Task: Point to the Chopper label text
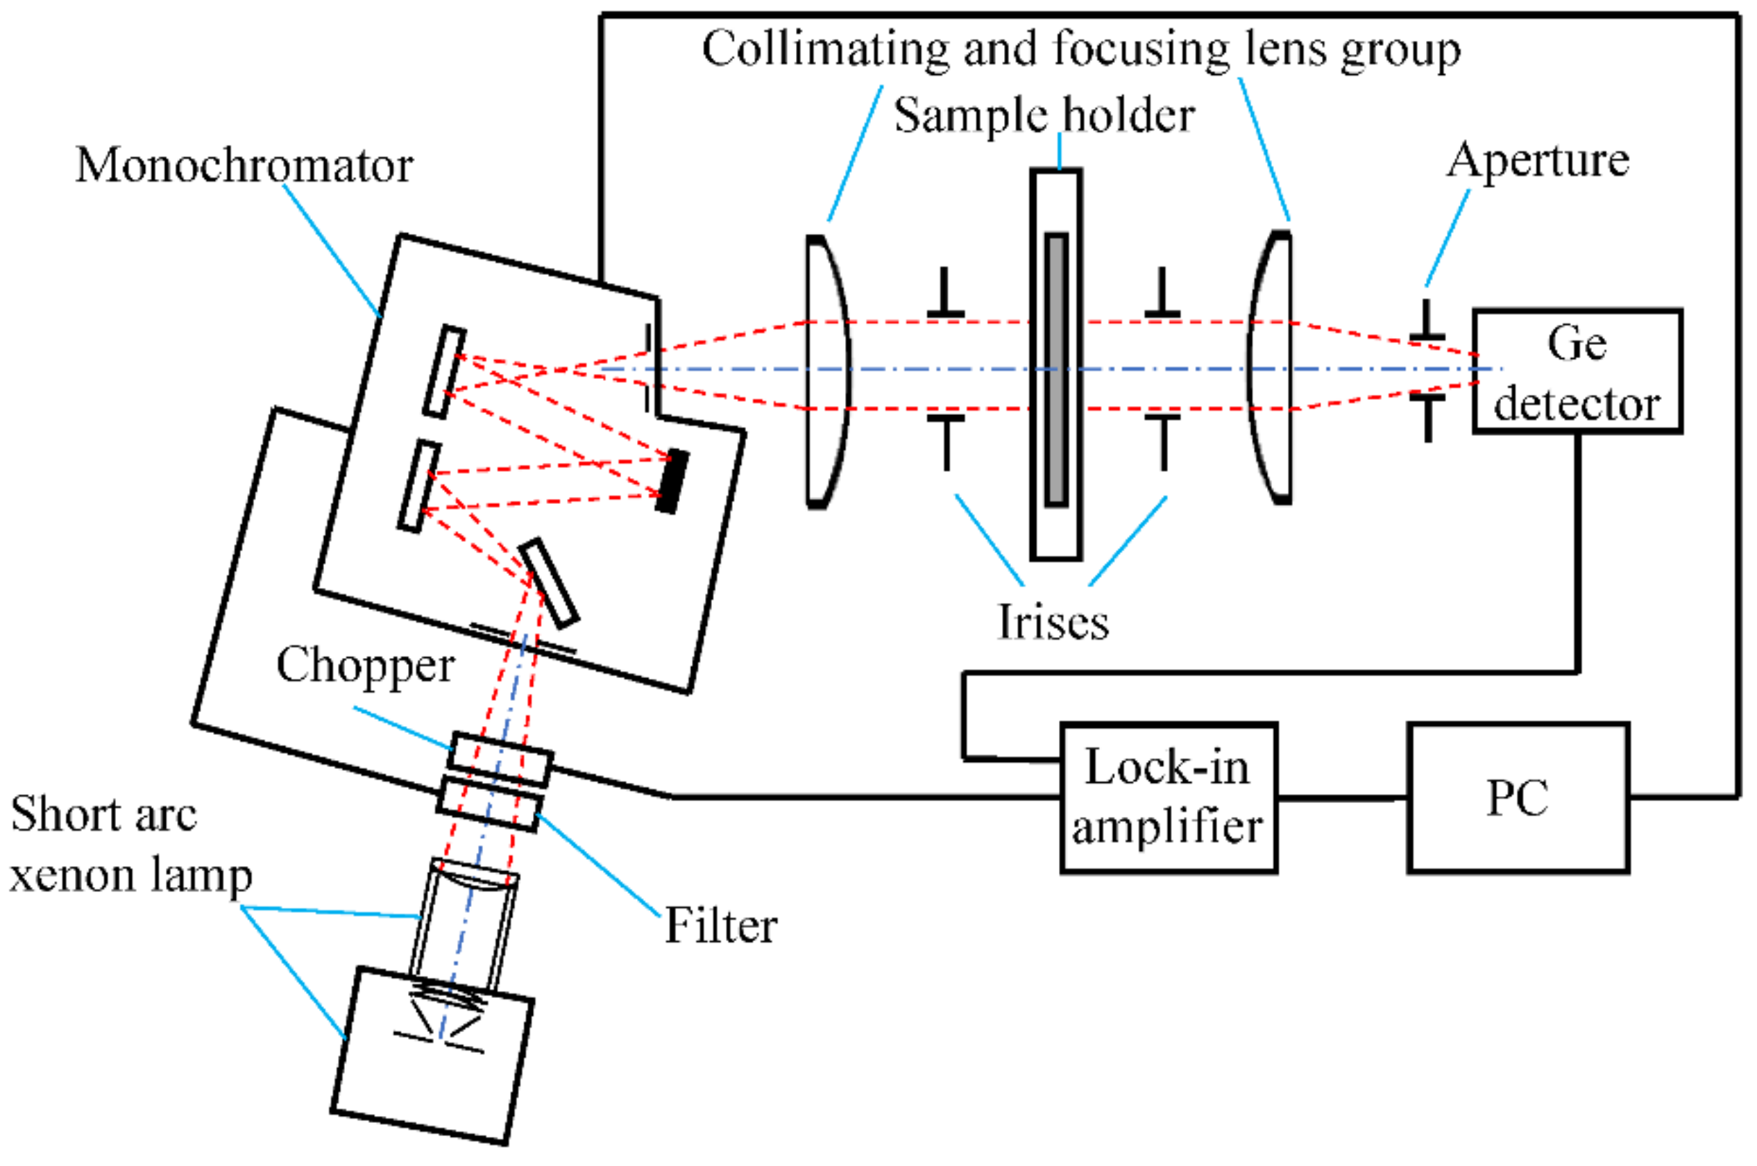click(x=365, y=666)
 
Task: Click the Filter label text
click(x=720, y=926)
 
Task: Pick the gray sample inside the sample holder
click(x=1056, y=369)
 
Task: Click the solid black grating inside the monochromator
click(x=672, y=480)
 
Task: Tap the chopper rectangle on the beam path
click(x=500, y=760)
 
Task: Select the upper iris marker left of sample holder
click(x=945, y=293)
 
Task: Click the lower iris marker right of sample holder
click(x=1163, y=443)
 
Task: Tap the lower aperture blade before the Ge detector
click(x=1427, y=418)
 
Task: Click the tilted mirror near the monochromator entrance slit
click(x=549, y=582)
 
